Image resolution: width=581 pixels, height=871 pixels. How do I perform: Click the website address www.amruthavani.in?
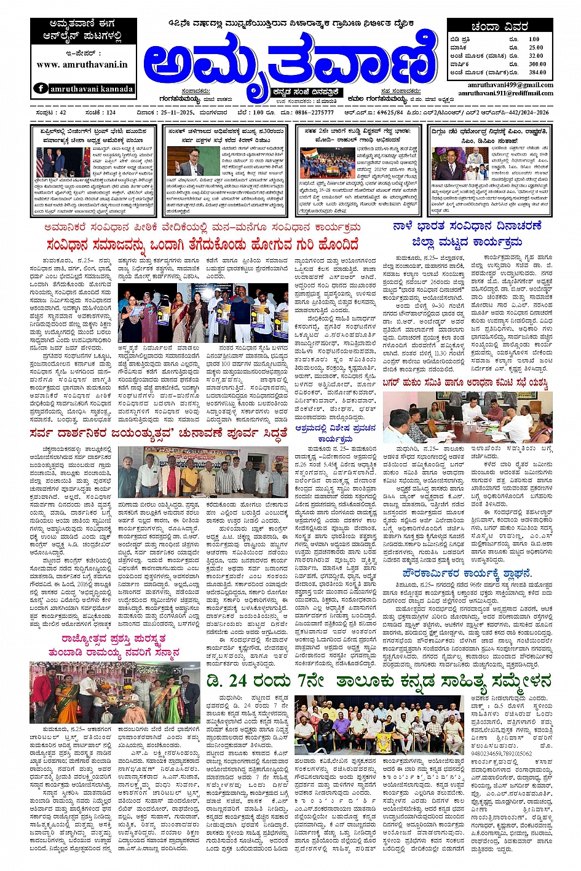tap(82, 64)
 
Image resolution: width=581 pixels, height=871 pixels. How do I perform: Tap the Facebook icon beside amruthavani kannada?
tap(41, 88)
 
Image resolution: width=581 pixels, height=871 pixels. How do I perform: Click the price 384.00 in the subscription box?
tap(537, 72)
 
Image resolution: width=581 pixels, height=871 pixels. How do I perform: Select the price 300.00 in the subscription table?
tap(537, 64)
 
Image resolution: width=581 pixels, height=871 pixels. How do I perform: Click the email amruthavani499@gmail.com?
tap(510, 85)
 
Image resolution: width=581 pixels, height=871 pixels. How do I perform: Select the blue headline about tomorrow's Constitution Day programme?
tap(467, 234)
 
